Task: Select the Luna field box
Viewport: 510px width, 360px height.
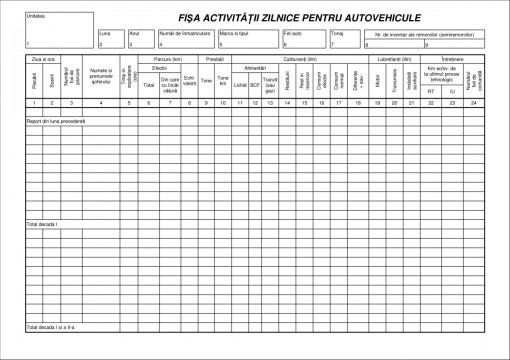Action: tap(111, 39)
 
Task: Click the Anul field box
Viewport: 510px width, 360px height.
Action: tap(141, 39)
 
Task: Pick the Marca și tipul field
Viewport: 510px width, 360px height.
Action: tap(248, 39)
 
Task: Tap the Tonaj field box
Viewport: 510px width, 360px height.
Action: tap(346, 39)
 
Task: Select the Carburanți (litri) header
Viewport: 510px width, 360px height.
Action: tap(301, 60)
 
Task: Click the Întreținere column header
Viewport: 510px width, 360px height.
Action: tap(451, 60)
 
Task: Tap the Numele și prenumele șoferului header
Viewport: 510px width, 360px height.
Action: tap(100, 79)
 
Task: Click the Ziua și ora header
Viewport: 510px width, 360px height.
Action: tap(40, 60)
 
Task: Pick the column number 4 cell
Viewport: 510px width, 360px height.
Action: tap(100, 103)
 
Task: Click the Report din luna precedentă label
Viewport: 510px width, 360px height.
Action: tap(57, 121)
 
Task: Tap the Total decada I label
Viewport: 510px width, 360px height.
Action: tap(43, 224)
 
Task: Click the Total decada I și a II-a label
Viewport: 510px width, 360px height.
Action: tap(51, 327)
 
